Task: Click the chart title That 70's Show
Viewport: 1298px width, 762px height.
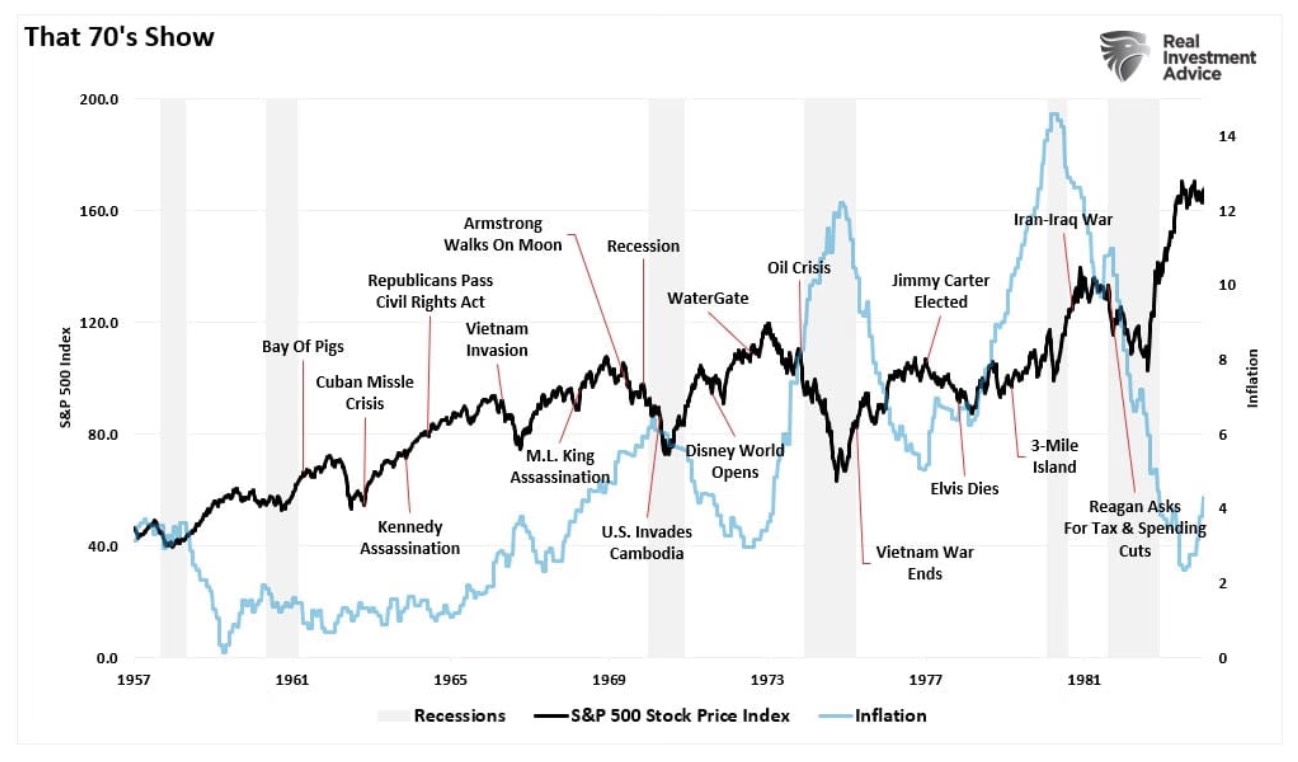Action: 118,38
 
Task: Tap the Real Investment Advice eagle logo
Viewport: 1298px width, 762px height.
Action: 1124,56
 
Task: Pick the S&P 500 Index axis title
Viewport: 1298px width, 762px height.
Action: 67,379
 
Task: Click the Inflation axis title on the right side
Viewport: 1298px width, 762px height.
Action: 1251,379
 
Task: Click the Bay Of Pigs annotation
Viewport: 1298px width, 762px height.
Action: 303,347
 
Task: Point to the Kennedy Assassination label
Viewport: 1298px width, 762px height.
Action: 410,537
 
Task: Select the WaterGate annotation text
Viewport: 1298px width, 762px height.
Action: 708,297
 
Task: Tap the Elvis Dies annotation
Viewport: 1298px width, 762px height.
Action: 964,489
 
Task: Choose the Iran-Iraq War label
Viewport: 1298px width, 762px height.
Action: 1063,219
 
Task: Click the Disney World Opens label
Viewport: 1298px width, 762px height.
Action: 735,461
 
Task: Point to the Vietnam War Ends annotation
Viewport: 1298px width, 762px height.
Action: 909,563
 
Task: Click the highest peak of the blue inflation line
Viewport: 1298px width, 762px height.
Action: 1054,114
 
